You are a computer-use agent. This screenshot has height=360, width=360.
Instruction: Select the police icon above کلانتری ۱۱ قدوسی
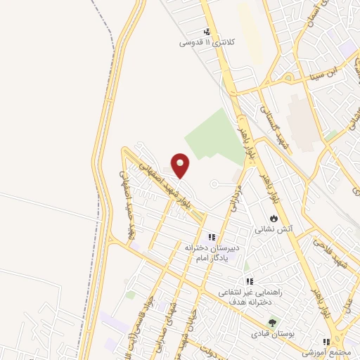pyautogui.click(x=207, y=32)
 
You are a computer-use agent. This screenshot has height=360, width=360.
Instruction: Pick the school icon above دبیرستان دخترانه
pyautogui.click(x=212, y=237)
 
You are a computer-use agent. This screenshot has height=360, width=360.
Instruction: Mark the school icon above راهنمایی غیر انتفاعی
pyautogui.click(x=249, y=281)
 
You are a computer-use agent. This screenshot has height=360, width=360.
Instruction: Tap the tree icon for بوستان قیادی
pyautogui.click(x=262, y=323)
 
